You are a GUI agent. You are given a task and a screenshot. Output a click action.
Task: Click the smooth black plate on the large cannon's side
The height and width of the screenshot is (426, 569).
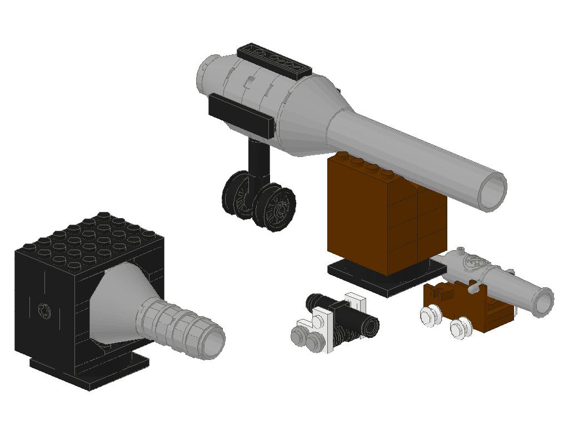pos(242,115)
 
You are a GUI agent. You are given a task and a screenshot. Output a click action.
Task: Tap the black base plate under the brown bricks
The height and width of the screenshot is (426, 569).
pos(383,280)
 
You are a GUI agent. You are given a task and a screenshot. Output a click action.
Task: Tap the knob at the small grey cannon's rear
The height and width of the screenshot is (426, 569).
pos(460,250)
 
